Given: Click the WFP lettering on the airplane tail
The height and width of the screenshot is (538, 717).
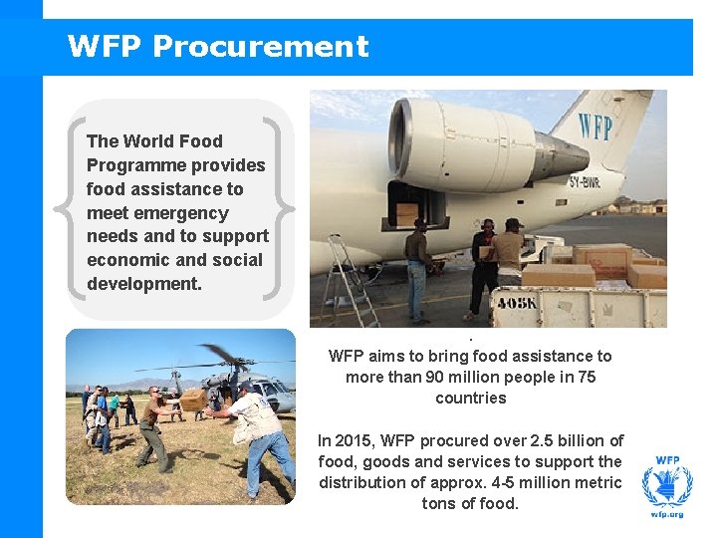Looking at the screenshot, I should pos(595,127).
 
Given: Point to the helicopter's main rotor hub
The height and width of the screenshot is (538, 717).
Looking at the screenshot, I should pos(231,361).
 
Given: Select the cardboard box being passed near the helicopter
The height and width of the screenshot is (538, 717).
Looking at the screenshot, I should pos(191,399).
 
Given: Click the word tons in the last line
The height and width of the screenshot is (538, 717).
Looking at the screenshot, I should pos(439,503).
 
